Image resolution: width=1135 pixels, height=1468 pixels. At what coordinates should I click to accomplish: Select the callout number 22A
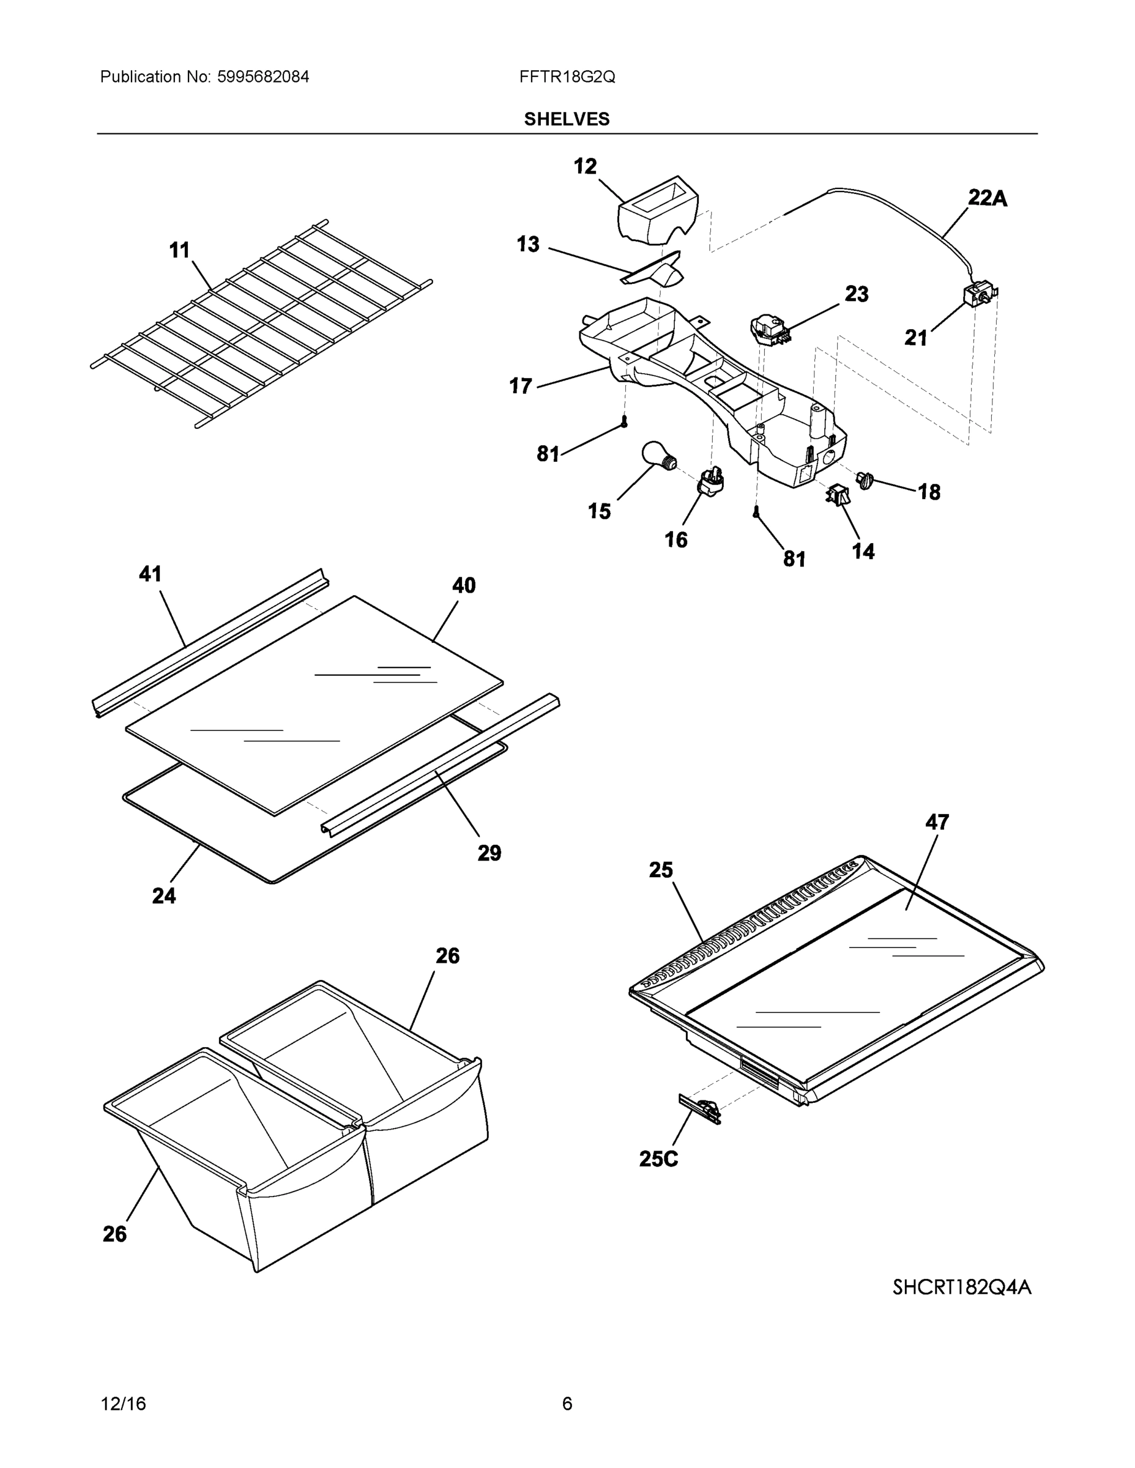pos(987,198)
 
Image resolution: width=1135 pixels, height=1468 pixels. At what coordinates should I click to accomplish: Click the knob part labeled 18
pos(865,480)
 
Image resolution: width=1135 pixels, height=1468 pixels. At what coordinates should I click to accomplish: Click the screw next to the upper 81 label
pos(625,422)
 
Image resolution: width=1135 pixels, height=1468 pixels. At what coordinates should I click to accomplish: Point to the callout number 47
pos(937,822)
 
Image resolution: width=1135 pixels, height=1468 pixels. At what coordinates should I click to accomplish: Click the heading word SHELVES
pos(567,119)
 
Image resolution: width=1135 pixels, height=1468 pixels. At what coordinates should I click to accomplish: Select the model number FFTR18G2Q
pos(567,76)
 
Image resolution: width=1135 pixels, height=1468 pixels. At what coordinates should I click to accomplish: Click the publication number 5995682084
pos(263,76)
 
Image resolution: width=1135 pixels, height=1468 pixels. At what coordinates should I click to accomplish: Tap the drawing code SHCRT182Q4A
pos(961,1286)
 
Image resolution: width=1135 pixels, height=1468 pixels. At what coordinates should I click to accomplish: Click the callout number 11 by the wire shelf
pos(179,251)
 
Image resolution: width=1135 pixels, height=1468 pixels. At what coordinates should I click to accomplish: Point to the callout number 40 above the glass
pos(464,585)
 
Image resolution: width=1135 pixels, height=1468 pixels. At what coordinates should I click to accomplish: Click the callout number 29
pos(489,853)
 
